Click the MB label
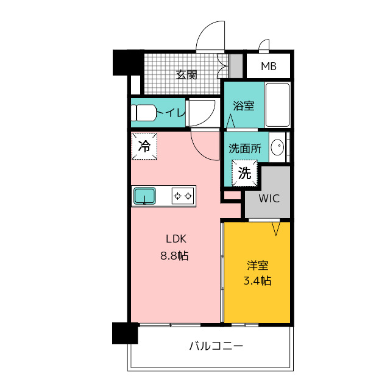tap(269, 66)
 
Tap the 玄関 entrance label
tap(186, 74)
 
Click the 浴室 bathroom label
tap(244, 105)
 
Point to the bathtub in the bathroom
tap(277, 105)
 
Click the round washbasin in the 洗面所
tap(277, 146)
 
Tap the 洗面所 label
tap(245, 149)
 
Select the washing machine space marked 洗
tap(244, 173)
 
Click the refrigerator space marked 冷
tap(144, 146)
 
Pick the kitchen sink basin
tap(145, 196)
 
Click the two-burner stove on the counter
tap(183, 196)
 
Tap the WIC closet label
tap(269, 199)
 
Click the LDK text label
tap(176, 239)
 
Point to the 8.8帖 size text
tap(174, 255)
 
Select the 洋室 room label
tap(257, 266)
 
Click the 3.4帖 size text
tap(257, 281)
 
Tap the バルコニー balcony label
tap(216, 346)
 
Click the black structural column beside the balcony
tap(125, 333)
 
